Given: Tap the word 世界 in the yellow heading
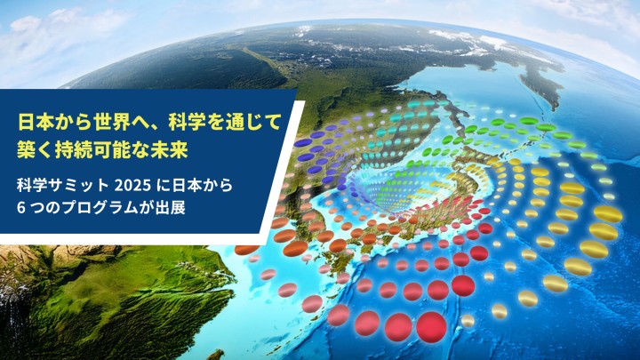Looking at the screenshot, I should (x=106, y=118).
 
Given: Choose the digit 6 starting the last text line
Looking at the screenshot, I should (x=22, y=210).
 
